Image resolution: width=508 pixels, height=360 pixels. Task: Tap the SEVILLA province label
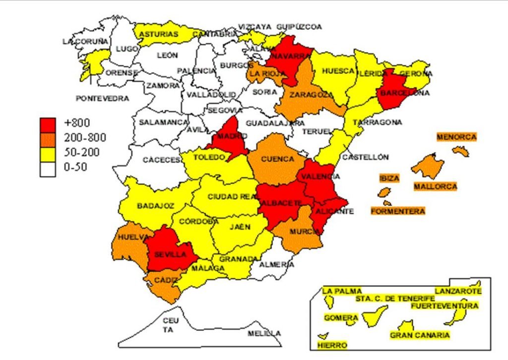pyautogui.click(x=170, y=254)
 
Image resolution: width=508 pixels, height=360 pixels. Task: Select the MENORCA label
pyautogui.click(x=456, y=137)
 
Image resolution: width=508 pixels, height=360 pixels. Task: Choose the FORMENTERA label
pyautogui.click(x=398, y=211)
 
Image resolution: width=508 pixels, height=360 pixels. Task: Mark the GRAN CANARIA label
pyautogui.click(x=420, y=335)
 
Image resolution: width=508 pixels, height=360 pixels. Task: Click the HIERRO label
pyautogui.click(x=332, y=345)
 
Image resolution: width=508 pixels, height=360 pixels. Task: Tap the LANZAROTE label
pyautogui.click(x=457, y=291)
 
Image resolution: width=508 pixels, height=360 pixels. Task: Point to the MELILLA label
pyautogui.click(x=264, y=333)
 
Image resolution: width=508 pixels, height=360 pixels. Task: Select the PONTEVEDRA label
pyautogui.click(x=102, y=99)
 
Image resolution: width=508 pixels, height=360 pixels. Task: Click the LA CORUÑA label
pyautogui.click(x=85, y=42)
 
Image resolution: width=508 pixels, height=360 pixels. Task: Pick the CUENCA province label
pyautogui.click(x=277, y=159)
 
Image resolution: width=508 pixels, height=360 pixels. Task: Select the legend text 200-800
pyautogui.click(x=85, y=137)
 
